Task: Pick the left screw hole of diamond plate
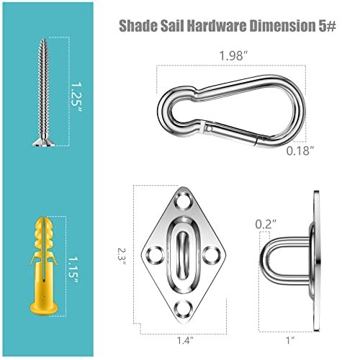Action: [155, 254]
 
